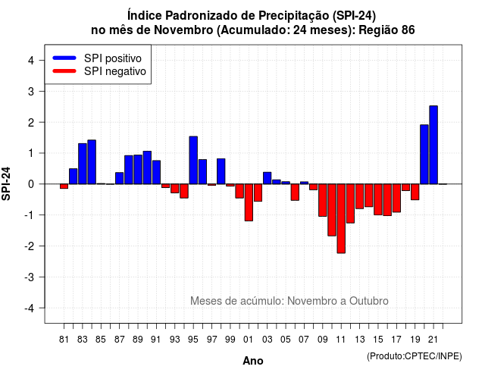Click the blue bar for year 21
(433, 145)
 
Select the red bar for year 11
(341, 218)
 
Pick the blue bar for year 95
(193, 160)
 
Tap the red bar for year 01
(249, 202)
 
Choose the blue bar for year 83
(83, 164)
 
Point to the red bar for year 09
(323, 200)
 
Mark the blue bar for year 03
(268, 178)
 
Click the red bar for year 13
(359, 196)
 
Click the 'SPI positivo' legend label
(113, 58)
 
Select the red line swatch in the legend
(64, 71)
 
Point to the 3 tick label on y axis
(31, 92)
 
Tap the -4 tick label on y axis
(30, 309)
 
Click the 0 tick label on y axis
(31, 184)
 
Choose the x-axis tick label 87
(120, 340)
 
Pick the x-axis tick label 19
(415, 340)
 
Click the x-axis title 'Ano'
(253, 361)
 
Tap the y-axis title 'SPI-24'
(6, 183)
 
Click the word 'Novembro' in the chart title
(183, 30)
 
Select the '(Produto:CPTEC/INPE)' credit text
(415, 356)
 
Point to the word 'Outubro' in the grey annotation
(369, 301)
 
